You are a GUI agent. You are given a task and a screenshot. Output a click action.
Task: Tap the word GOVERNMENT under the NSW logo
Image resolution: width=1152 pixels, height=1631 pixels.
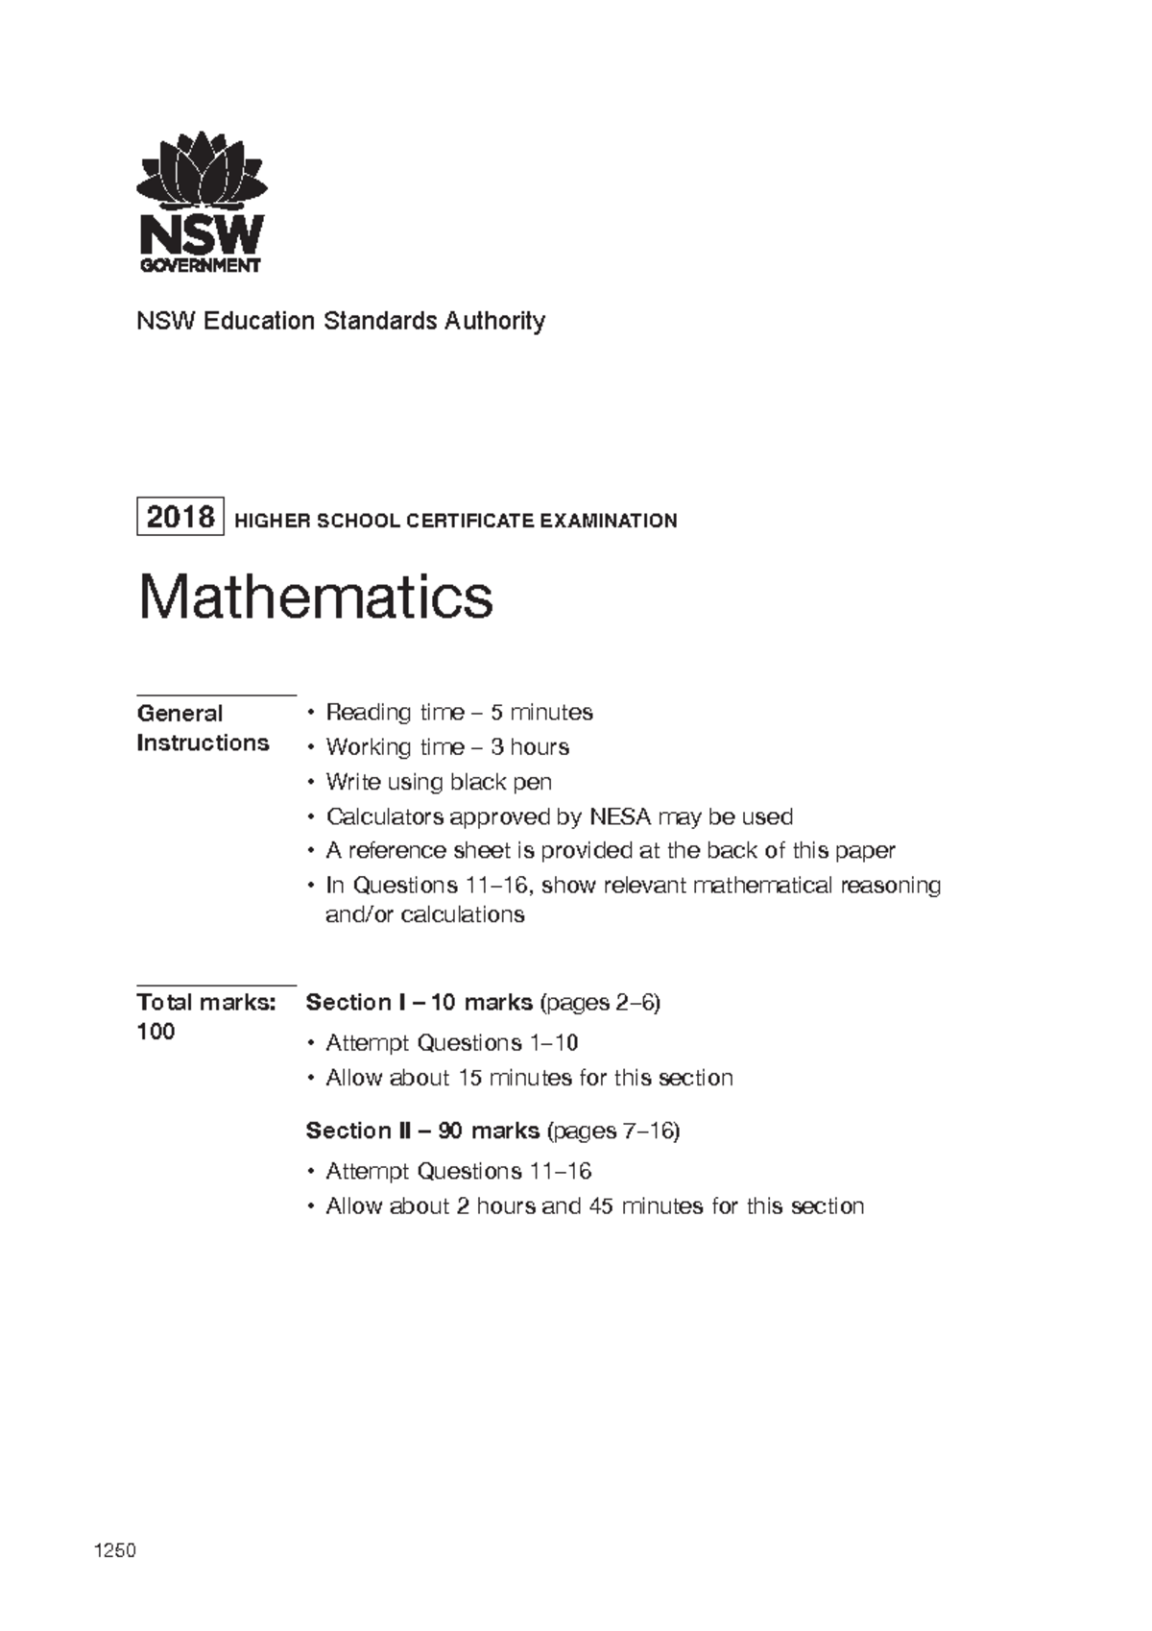pos(201,266)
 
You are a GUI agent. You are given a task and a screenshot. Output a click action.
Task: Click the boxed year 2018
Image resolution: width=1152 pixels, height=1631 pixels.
pos(180,518)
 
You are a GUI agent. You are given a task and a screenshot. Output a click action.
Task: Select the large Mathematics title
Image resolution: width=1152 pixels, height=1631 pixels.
pos(316,597)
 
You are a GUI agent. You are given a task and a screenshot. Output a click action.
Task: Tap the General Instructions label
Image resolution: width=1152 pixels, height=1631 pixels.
pos(202,728)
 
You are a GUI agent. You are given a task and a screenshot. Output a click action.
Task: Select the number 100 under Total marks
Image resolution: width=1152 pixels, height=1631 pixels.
pos(156,1033)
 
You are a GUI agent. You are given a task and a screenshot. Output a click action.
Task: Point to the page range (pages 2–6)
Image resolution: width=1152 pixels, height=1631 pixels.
pos(600,1003)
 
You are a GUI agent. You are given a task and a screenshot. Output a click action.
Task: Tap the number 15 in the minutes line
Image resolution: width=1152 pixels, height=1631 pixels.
pos(469,1078)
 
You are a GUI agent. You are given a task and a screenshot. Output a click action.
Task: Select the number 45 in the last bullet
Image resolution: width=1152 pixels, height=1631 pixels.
pos(601,1206)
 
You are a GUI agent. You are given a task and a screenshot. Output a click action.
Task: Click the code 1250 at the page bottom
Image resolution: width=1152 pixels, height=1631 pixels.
pos(114,1550)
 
